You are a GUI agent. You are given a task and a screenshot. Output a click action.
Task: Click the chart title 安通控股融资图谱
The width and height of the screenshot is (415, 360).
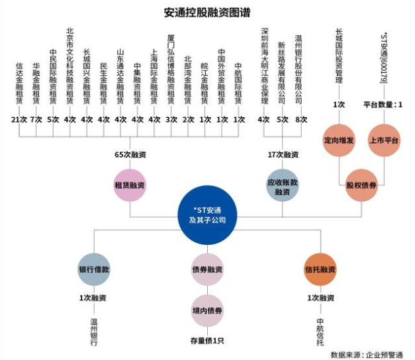207,13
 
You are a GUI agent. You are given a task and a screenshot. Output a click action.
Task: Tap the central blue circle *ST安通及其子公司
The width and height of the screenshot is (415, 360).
207,215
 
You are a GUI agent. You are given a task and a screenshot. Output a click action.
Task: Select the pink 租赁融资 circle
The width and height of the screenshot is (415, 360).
130,185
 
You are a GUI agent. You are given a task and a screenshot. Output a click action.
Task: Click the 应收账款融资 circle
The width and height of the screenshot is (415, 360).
283,187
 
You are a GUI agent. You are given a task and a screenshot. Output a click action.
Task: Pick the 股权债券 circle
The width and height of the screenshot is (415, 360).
361,185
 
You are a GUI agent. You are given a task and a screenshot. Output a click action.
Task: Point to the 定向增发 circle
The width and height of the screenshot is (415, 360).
339,140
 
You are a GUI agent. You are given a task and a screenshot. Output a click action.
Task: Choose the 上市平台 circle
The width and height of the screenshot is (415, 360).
384,140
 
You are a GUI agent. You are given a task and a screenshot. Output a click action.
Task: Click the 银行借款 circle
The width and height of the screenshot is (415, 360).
94,269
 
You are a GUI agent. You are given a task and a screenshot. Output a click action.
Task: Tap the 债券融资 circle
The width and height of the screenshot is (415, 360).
207,269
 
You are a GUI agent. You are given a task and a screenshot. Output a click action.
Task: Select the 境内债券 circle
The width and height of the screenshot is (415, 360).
207,310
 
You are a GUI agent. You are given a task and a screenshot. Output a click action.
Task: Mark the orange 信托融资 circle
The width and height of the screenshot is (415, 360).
320,269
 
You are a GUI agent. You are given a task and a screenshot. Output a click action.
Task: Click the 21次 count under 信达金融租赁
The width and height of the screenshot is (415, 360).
19,120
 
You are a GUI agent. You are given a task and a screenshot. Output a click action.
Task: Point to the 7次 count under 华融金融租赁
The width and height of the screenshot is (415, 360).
36,120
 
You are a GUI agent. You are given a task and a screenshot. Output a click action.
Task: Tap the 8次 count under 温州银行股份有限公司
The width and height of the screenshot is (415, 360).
301,120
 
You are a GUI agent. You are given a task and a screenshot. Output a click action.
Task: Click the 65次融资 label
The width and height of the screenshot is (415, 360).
130,155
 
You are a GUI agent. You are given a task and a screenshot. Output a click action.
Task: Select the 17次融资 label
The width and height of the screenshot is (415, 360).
283,155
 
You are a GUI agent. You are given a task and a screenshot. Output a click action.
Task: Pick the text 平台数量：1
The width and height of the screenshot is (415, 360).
383,105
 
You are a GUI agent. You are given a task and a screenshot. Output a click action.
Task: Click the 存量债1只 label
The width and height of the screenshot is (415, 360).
207,341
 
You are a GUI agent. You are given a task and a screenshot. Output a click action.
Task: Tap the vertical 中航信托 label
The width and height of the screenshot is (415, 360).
320,332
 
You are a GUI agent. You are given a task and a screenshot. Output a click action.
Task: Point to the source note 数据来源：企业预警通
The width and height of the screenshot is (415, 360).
367,355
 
